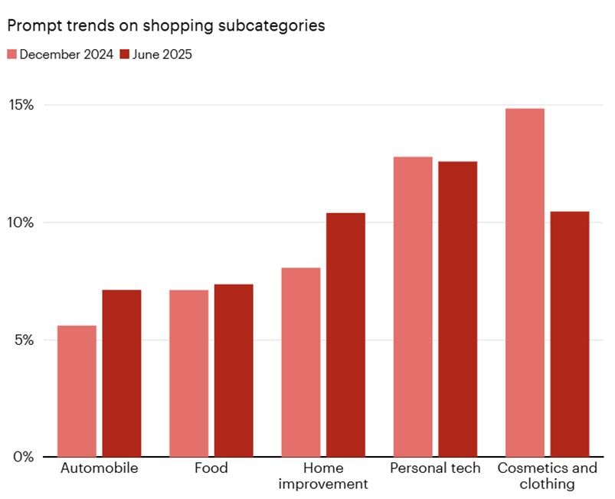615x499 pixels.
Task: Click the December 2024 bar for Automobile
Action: pos(77,391)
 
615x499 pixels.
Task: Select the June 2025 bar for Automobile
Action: pos(122,373)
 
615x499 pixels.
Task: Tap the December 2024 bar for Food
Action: pos(188,373)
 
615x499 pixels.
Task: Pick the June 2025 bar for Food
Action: pos(234,370)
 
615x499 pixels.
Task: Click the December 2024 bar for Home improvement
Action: pos(301,362)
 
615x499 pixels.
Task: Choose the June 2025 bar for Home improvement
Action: pos(345,334)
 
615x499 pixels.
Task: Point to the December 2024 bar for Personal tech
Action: pos(413,307)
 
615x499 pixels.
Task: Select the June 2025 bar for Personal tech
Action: pos(458,309)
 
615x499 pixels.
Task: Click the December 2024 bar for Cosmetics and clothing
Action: pos(525,282)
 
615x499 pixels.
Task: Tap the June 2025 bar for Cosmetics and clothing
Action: pos(570,333)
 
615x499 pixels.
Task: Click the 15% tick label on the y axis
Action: pos(21,105)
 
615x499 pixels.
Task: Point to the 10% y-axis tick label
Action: pos(21,222)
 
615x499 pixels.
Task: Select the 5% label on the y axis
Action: pos(24,340)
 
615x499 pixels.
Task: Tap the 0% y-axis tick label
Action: pos(24,457)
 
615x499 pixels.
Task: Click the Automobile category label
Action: pos(100,468)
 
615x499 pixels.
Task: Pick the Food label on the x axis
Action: pos(211,468)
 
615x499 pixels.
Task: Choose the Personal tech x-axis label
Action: pos(435,468)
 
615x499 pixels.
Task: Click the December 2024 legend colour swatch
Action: pos(11,54)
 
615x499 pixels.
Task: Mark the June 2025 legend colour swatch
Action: pos(125,54)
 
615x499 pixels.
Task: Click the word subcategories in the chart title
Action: pos(272,26)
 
